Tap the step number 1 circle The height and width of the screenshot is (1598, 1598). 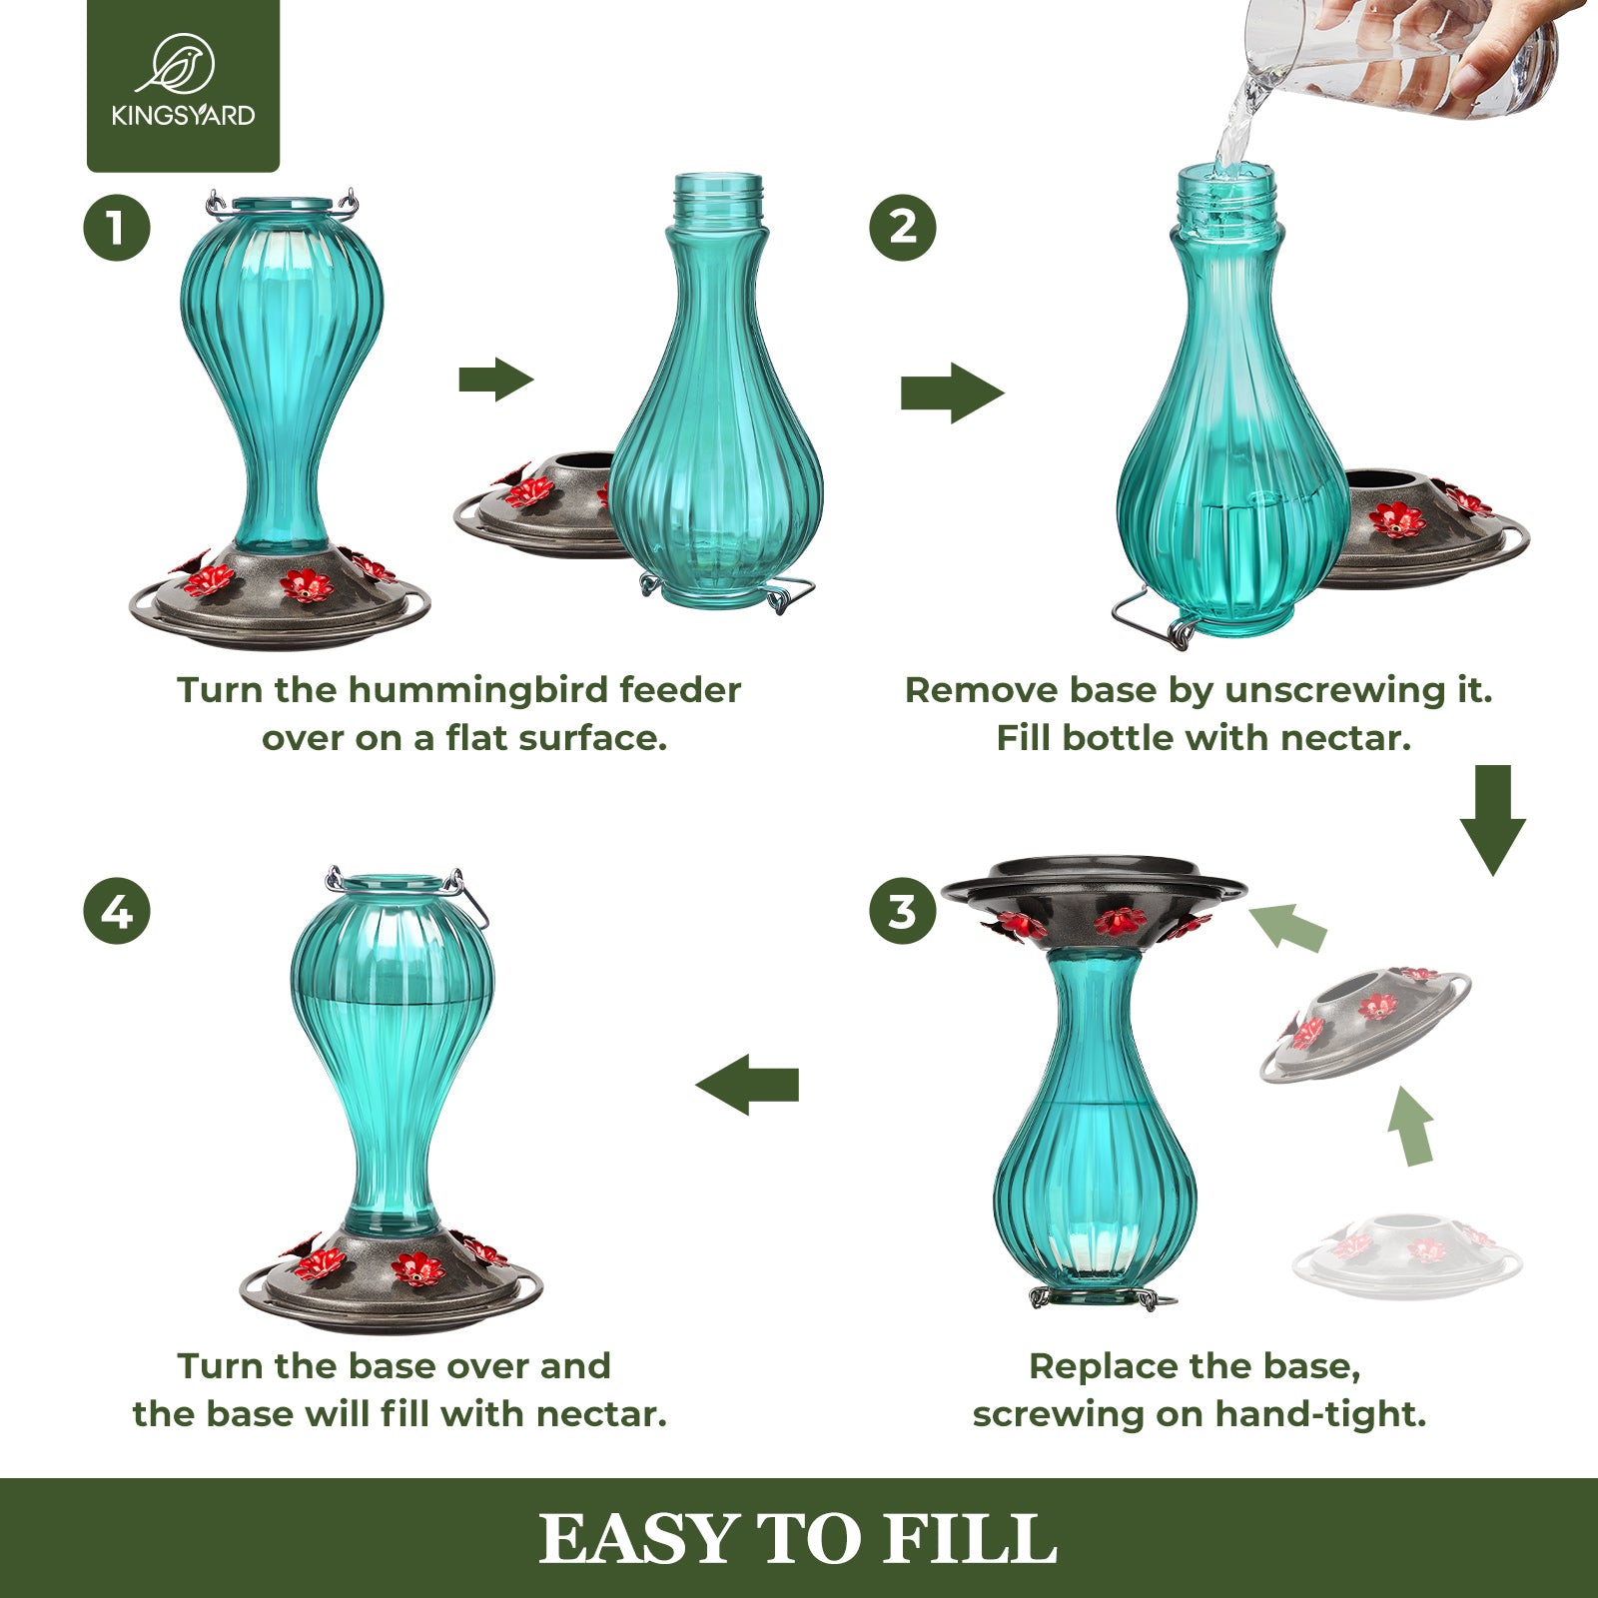pyautogui.click(x=117, y=227)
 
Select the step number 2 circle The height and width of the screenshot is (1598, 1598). pyautogui.click(x=903, y=227)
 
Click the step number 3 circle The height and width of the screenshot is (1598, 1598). pyautogui.click(x=903, y=911)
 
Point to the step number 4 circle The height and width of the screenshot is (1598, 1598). pyautogui.click(x=117, y=911)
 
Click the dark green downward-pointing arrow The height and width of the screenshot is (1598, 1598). pyautogui.click(x=1493, y=819)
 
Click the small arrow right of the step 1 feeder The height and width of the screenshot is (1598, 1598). pyautogui.click(x=496, y=380)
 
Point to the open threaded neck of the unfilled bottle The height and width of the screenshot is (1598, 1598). pyautogui.click(x=718, y=196)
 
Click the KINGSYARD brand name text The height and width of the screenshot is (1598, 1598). pyautogui.click(x=183, y=115)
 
